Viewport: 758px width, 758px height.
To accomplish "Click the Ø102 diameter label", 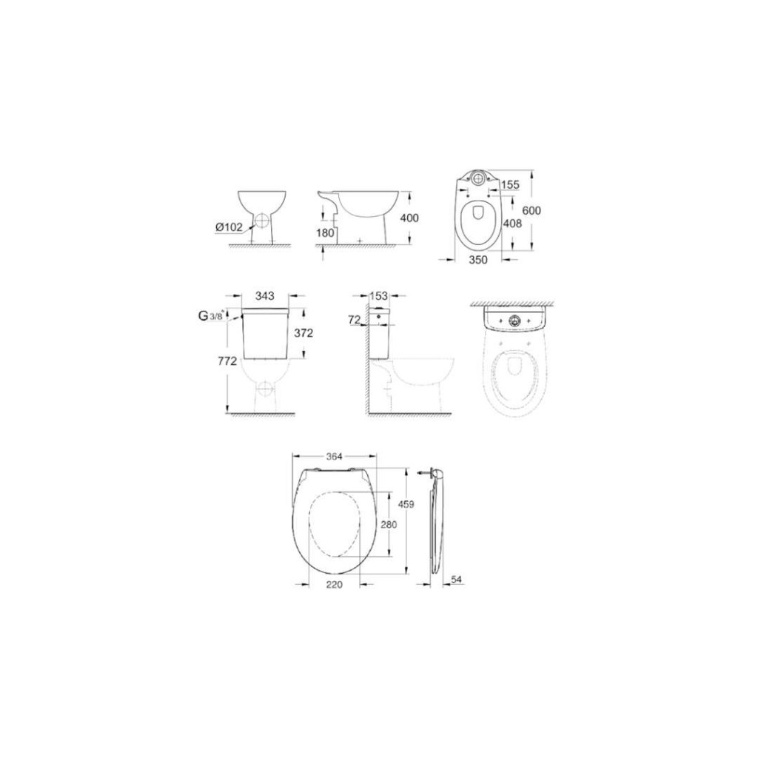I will [x=228, y=228].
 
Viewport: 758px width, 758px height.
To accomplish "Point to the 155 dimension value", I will [x=509, y=184].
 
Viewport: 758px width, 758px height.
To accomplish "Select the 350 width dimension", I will [x=480, y=260].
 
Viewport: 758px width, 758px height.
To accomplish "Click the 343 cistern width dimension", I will [x=265, y=296].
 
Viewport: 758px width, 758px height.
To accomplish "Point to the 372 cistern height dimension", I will [x=303, y=333].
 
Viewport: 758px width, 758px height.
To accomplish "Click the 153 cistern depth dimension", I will [x=379, y=296].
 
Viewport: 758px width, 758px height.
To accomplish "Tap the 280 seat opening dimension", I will [x=389, y=524].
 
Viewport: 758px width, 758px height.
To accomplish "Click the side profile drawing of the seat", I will [x=436, y=522].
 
